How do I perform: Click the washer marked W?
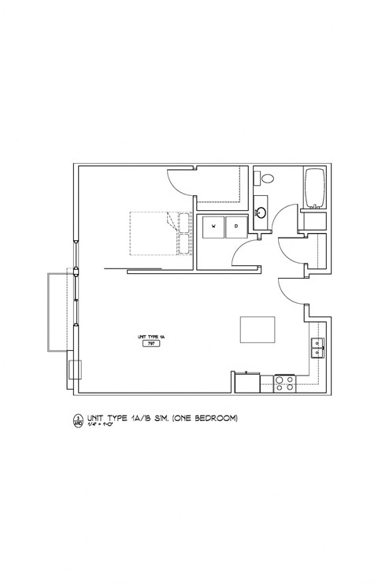pyautogui.click(x=212, y=228)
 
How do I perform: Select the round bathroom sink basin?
pyautogui.click(x=261, y=211)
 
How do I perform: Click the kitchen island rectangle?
pyautogui.click(x=258, y=329)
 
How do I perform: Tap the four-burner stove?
pyautogui.click(x=284, y=383)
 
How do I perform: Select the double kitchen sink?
pyautogui.click(x=316, y=348)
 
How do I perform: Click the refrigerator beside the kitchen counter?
pyautogui.click(x=247, y=382)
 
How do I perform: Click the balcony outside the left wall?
pyautogui.click(x=60, y=311)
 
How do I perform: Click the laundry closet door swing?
pyautogui.click(x=246, y=253)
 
